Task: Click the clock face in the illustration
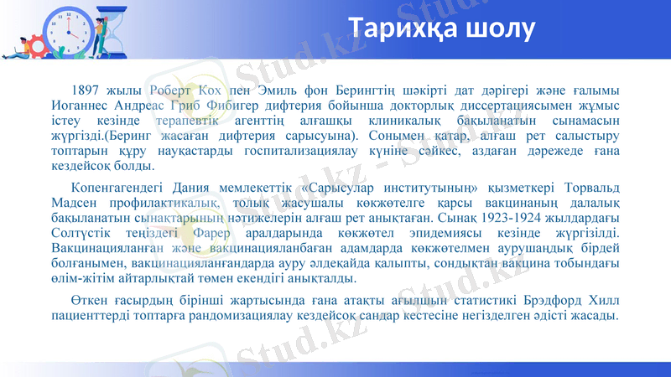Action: coord(66,28)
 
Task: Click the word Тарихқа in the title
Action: coord(408,28)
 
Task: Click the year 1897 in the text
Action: coord(87,90)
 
